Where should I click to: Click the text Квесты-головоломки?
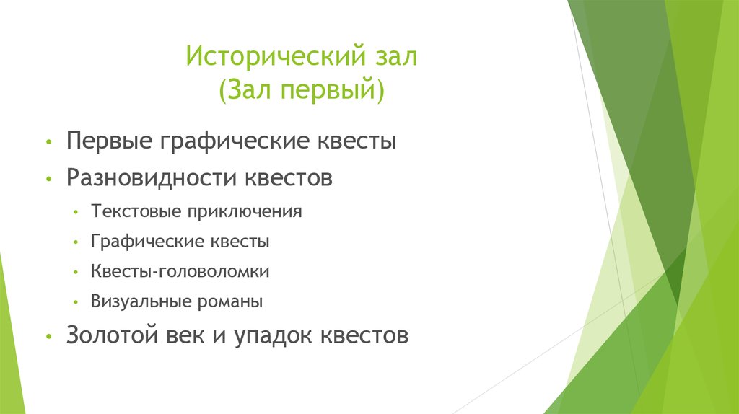pos(180,272)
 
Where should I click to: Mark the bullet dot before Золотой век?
pos(48,337)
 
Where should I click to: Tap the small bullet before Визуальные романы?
pos(76,302)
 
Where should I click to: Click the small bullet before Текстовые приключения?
pos(76,213)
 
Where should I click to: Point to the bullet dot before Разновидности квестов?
pos(48,178)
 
